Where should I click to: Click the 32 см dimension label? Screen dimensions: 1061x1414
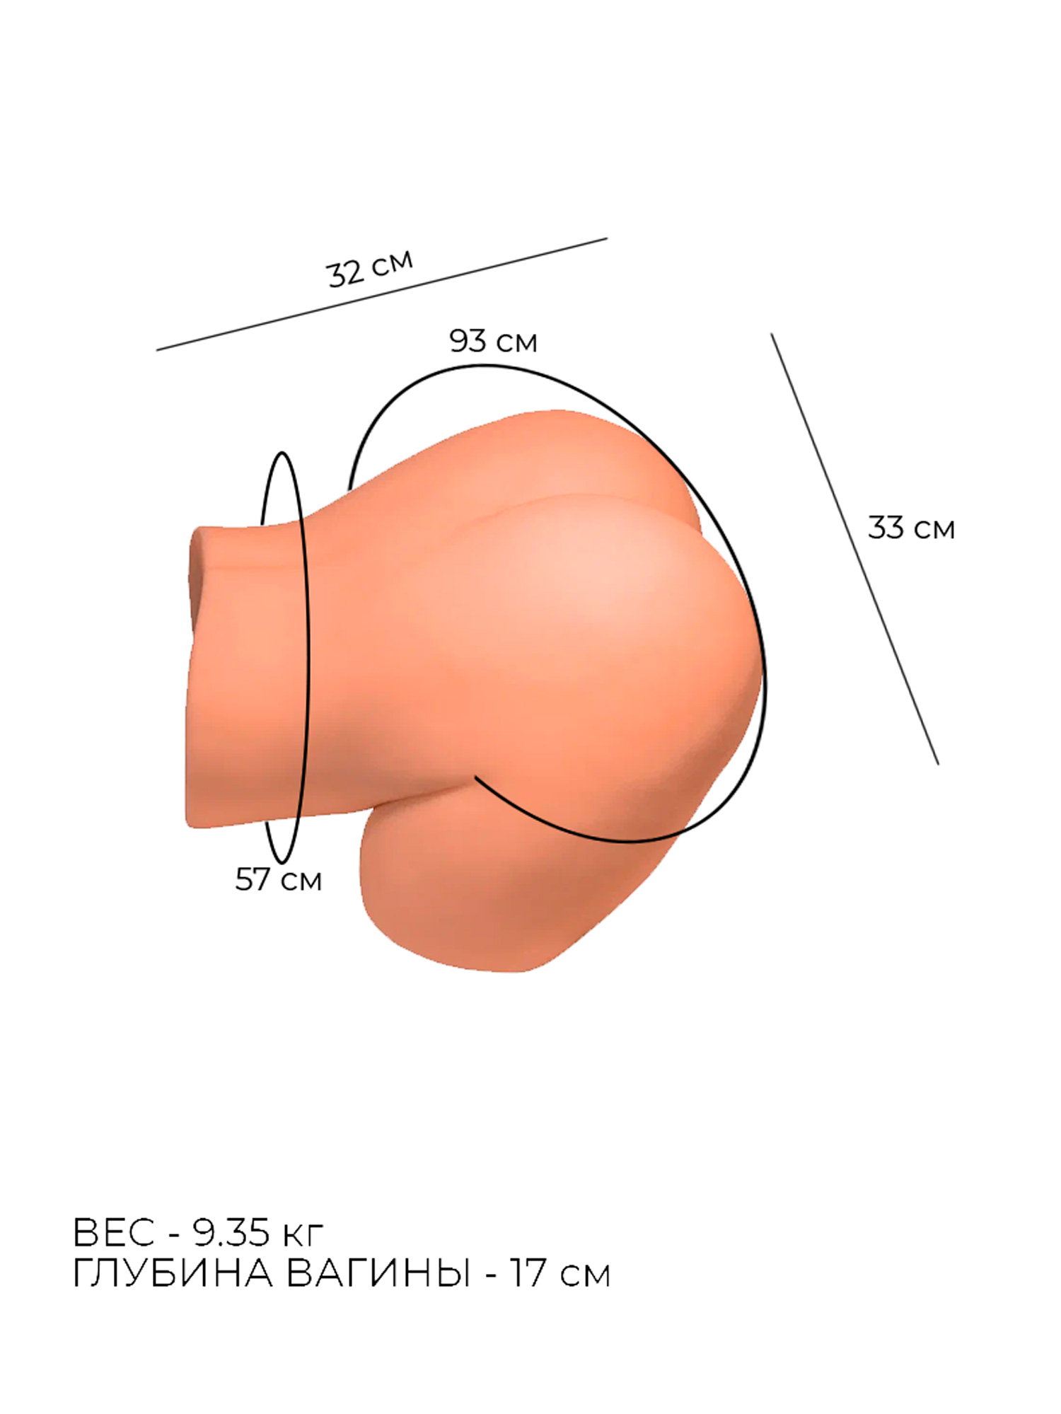coord(369,269)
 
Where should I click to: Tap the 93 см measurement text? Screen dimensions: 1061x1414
coord(493,342)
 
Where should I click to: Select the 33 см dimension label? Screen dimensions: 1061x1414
coord(911,528)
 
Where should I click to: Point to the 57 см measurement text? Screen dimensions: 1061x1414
coord(278,880)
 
